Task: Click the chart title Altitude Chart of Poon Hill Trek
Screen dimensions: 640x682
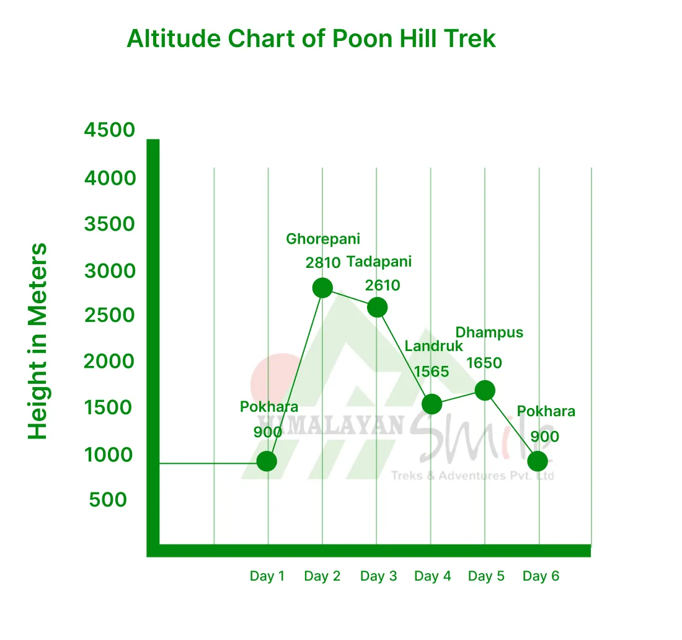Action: click(311, 39)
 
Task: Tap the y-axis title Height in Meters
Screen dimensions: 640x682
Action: click(38, 342)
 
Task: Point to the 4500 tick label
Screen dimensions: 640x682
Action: click(110, 130)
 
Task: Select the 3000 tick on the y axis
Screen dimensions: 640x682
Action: click(110, 271)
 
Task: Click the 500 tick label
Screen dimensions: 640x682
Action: click(108, 499)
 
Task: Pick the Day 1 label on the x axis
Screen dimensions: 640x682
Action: click(267, 576)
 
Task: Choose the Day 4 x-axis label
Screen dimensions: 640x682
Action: click(433, 576)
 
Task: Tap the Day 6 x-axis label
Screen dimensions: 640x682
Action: click(541, 576)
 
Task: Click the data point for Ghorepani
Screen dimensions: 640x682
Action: click(322, 288)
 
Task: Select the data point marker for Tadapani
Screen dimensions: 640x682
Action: click(377, 307)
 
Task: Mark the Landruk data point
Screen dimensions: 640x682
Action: click(432, 404)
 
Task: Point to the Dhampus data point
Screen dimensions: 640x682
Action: click(485, 390)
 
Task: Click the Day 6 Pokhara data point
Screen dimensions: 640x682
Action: click(538, 461)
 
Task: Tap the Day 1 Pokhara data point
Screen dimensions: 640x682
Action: click(267, 461)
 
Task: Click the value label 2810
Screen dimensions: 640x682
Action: click(323, 262)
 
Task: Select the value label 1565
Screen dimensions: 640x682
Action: click(432, 371)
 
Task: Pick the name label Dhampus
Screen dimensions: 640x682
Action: click(489, 332)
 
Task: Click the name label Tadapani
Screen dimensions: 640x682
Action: click(379, 262)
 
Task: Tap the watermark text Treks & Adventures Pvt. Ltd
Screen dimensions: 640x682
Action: click(472, 476)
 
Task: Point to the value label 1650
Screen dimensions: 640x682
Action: click(484, 363)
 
